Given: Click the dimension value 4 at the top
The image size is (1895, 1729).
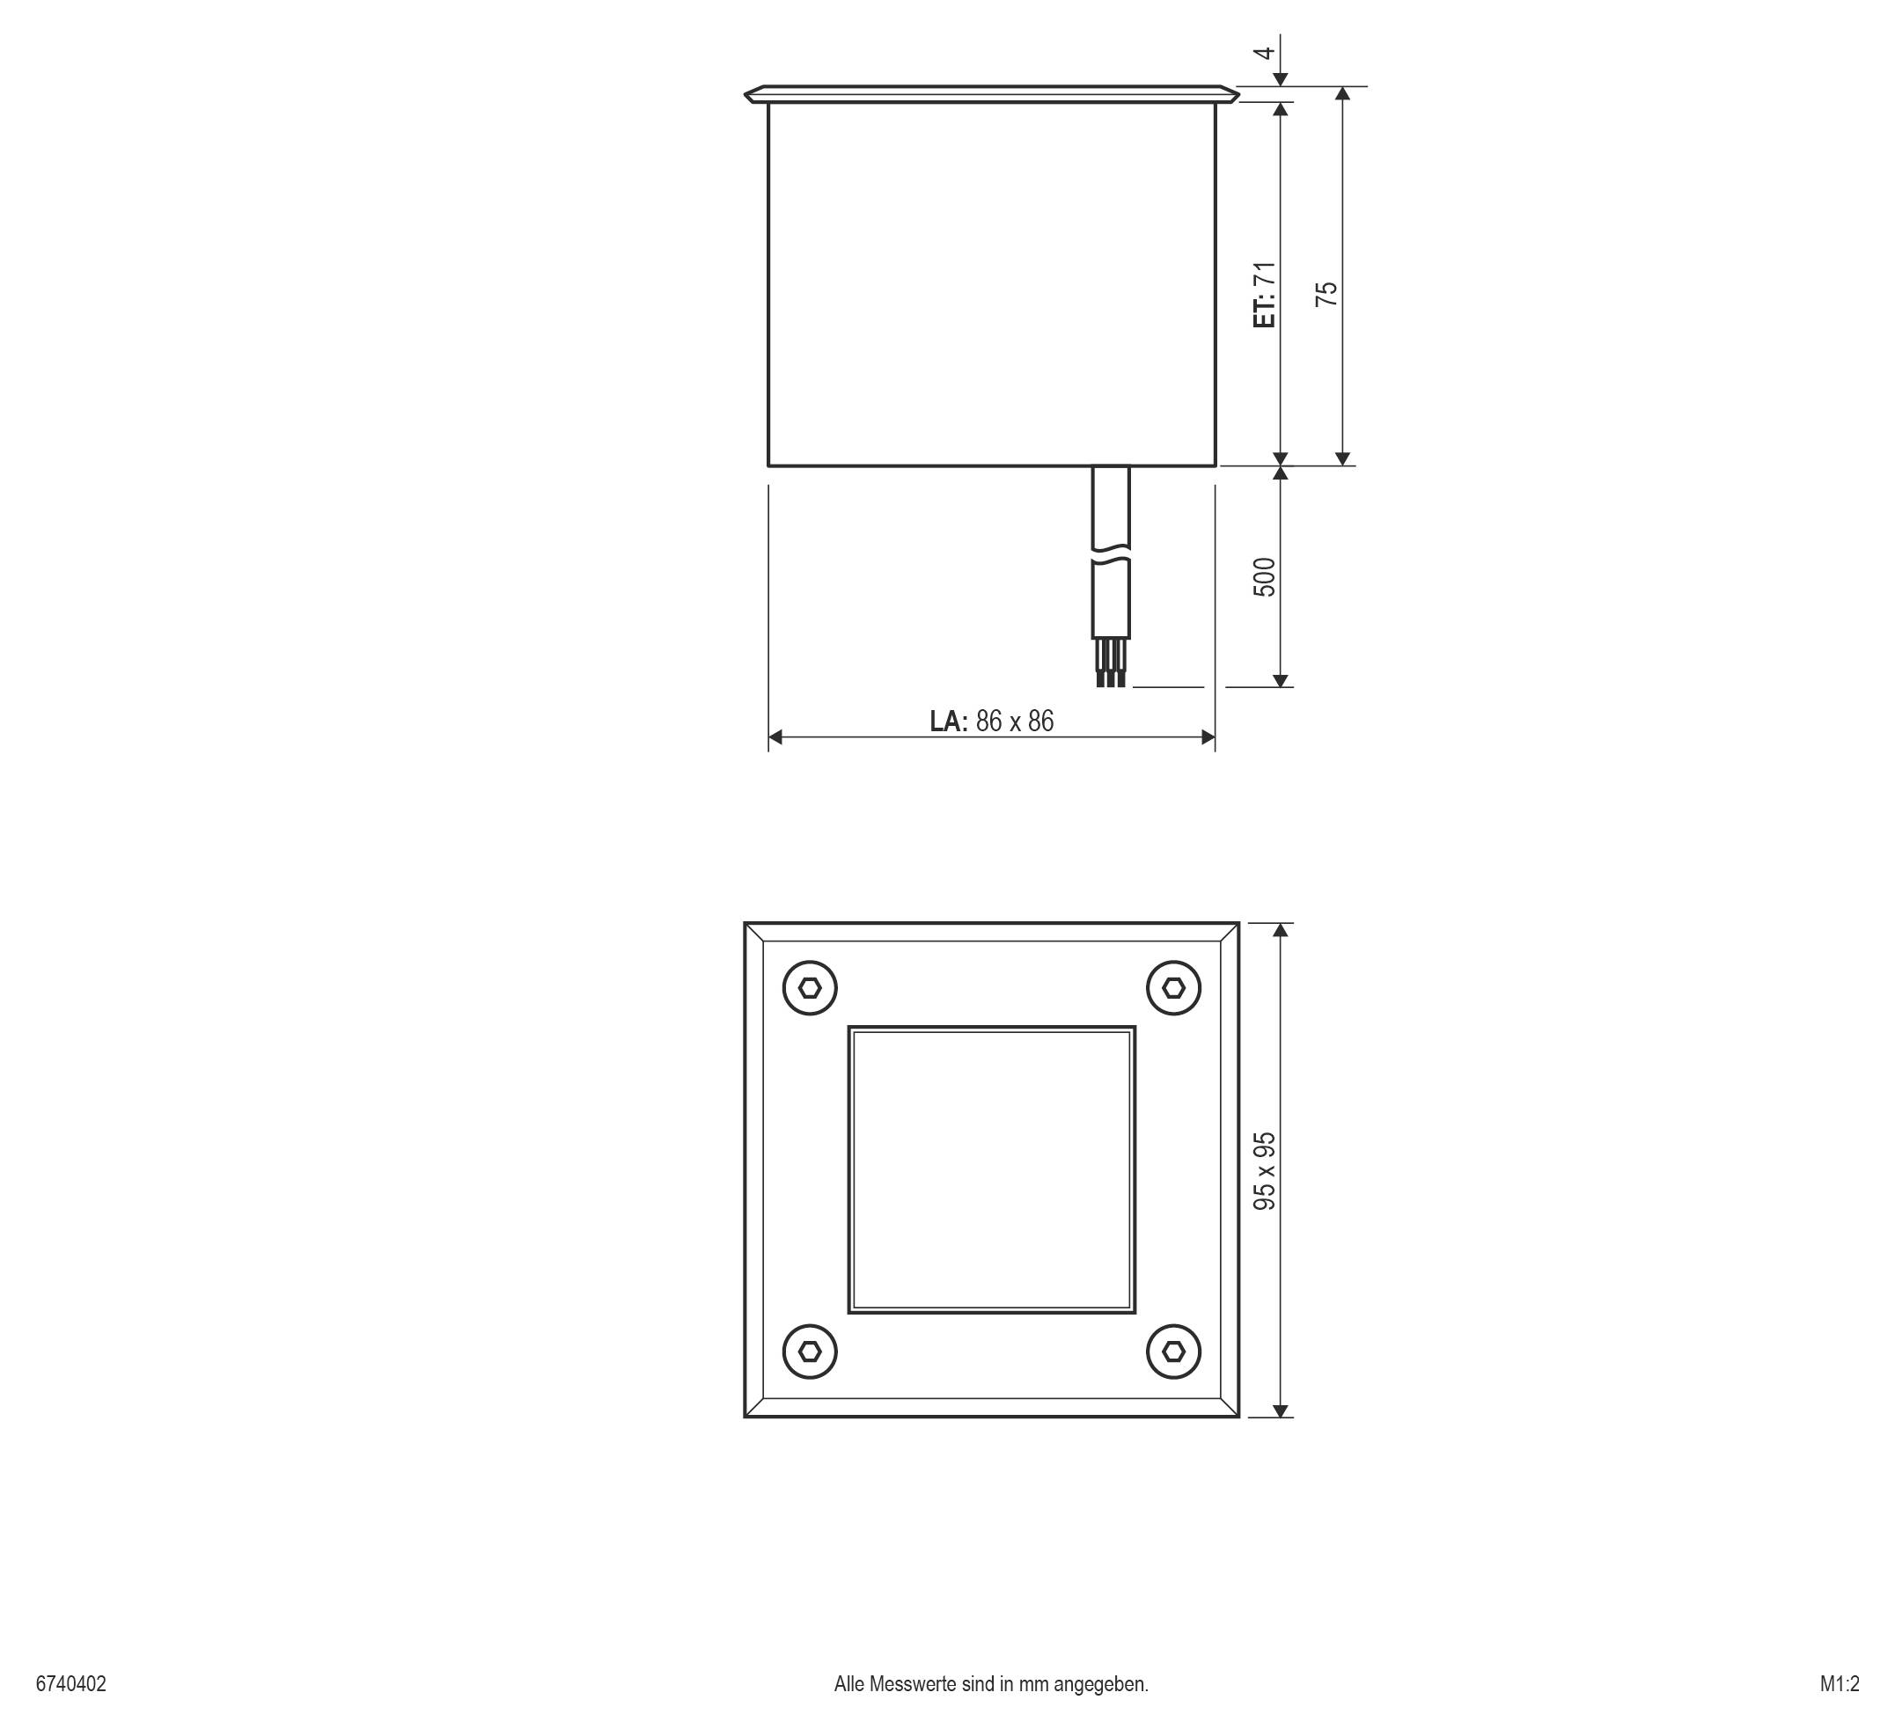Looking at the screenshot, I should tap(1267, 52).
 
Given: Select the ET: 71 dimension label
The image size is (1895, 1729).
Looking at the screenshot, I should tap(1265, 294).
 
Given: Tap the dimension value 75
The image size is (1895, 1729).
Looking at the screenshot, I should tap(1326, 294).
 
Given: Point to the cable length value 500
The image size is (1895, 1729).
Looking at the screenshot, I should tap(1265, 577).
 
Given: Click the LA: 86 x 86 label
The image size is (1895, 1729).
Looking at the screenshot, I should tap(992, 721).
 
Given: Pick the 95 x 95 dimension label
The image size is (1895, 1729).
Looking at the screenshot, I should tap(1265, 1171).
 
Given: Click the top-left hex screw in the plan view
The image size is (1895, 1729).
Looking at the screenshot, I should tap(811, 987).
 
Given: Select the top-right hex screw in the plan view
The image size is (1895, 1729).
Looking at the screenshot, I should tap(1173, 987).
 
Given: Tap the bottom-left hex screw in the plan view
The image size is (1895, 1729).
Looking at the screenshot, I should tap(811, 1352).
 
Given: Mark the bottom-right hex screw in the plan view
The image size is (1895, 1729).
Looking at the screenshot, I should tap(1173, 1352).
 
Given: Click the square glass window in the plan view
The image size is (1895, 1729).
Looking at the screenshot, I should tap(992, 1170).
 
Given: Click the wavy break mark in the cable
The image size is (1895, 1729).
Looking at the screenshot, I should tap(1111, 555).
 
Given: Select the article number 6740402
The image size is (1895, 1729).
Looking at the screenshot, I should tap(71, 1683).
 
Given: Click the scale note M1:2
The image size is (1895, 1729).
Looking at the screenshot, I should tap(1840, 1683).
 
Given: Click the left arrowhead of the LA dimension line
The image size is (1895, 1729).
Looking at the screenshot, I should tap(775, 736).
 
